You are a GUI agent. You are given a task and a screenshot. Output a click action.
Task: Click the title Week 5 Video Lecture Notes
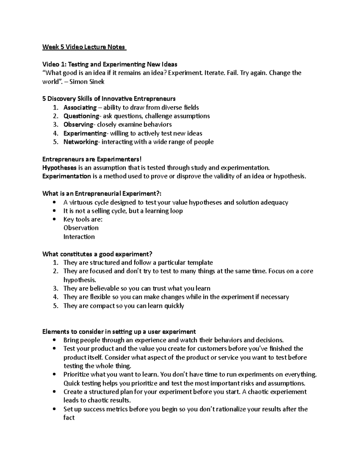[x=84, y=47]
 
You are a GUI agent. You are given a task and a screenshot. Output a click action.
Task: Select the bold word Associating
[x=80, y=107]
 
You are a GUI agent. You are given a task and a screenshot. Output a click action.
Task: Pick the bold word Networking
[x=80, y=142]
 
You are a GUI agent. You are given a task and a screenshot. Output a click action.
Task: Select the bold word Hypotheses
[x=59, y=167]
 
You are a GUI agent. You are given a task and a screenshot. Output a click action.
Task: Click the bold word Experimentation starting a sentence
[x=67, y=176]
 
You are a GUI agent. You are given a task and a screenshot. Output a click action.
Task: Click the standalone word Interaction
[x=79, y=237]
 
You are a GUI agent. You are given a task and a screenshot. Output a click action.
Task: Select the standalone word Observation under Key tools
[x=81, y=228]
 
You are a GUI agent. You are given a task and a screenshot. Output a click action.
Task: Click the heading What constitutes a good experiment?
[x=97, y=254]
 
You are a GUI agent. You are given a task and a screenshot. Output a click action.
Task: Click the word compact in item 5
[x=102, y=306]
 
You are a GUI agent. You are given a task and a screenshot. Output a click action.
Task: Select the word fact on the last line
[x=69, y=417]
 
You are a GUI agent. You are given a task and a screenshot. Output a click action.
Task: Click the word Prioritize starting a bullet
[x=76, y=374]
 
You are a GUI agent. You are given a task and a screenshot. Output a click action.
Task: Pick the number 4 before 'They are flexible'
[x=55, y=297]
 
